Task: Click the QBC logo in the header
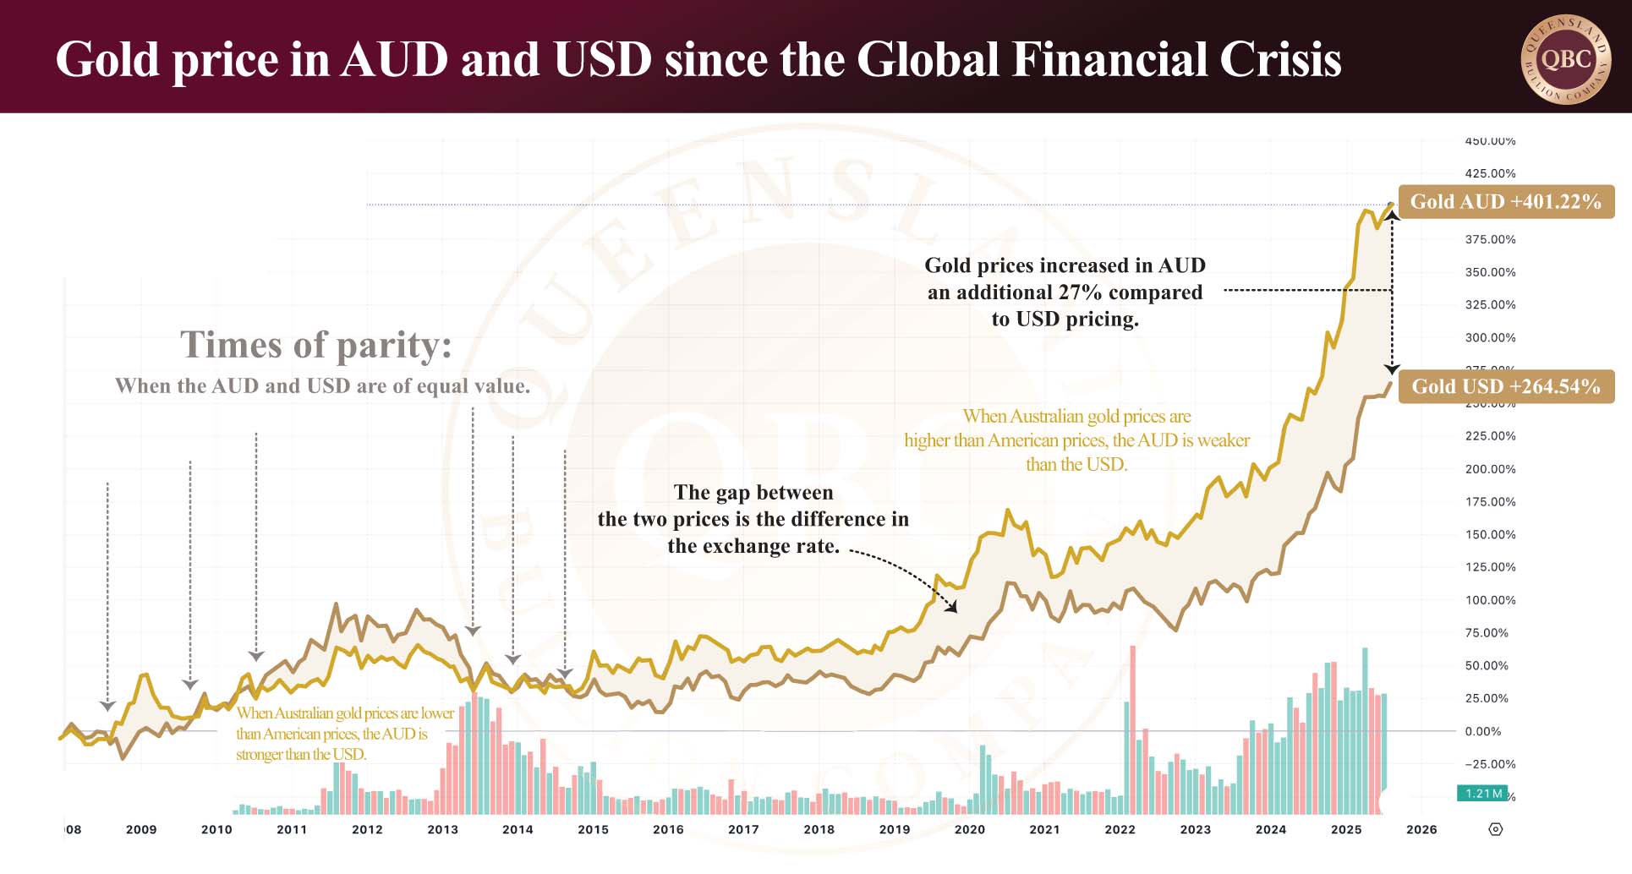point(1566,59)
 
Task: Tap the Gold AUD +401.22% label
point(1505,202)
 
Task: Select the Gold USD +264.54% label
point(1505,386)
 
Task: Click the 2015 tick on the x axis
point(593,829)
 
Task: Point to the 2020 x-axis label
point(969,829)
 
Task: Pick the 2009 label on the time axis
point(141,829)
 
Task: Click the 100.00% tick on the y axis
point(1490,600)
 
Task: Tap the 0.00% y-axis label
point(1483,731)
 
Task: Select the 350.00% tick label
point(1490,272)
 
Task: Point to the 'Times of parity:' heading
point(315,345)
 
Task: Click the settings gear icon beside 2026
point(1495,829)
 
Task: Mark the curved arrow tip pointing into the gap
point(955,609)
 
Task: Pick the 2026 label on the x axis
point(1421,829)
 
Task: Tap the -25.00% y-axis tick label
point(1490,764)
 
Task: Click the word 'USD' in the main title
point(602,59)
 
